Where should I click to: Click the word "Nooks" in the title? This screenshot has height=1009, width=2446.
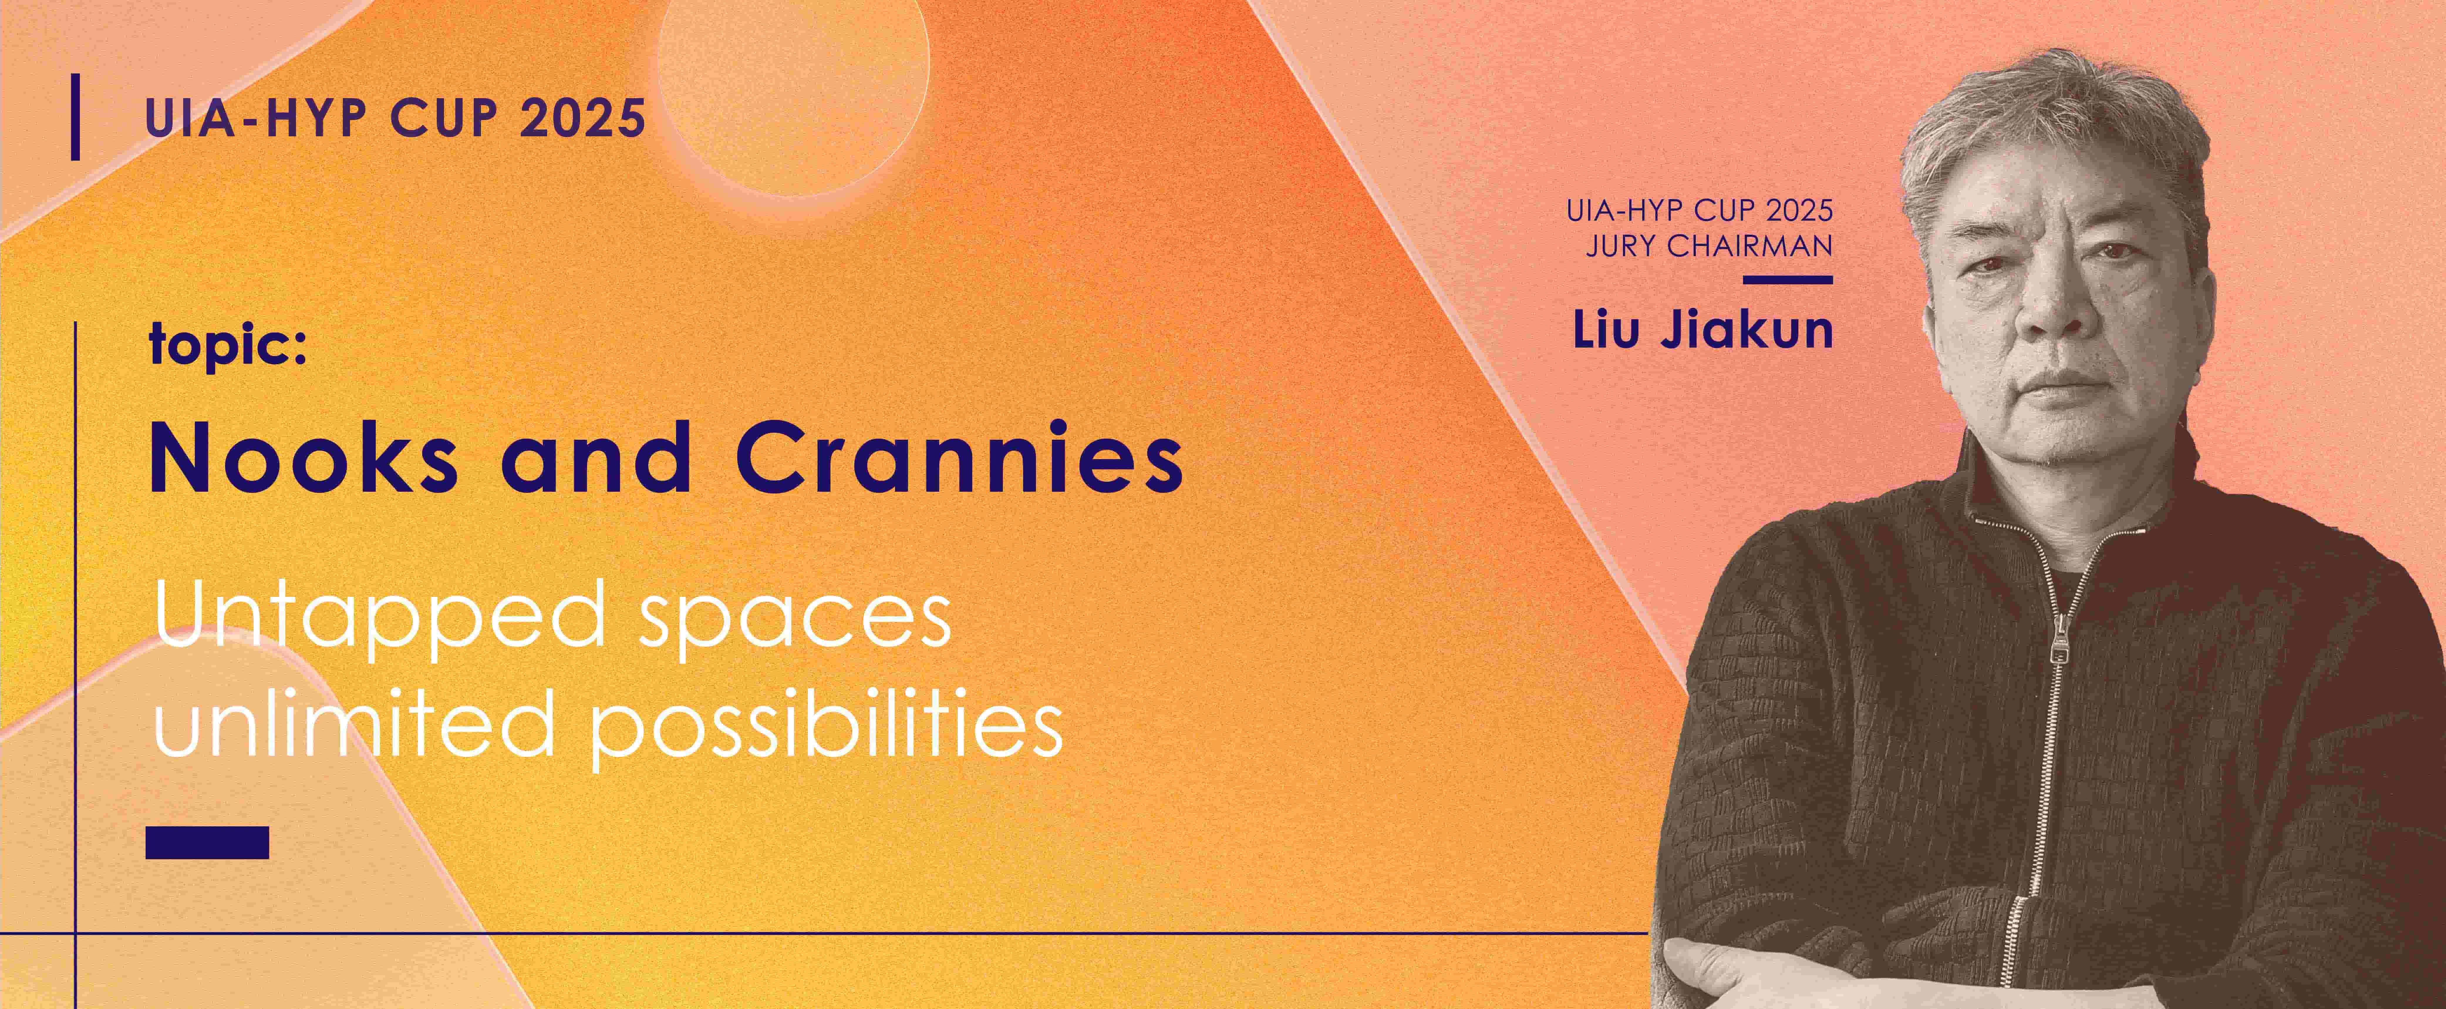pos(304,458)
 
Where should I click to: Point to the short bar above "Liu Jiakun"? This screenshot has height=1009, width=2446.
pos(1788,280)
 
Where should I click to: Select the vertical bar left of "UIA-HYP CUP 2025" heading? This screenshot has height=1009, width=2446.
pos(75,117)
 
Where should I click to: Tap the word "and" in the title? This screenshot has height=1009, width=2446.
pos(596,458)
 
